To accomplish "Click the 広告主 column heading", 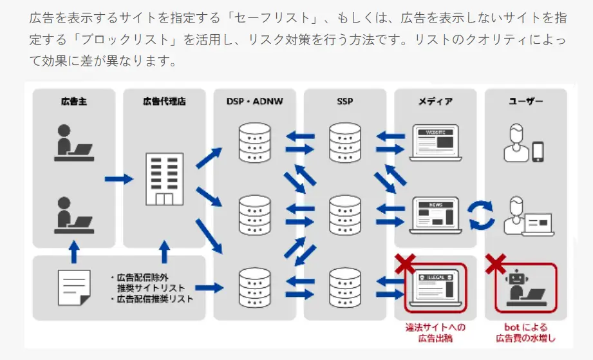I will coord(74,102).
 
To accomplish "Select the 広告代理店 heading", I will coord(164,102).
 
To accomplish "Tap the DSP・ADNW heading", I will coord(255,102).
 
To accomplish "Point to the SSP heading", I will coord(344,102).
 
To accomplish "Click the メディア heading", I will coord(435,102).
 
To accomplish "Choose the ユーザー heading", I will coord(525,102).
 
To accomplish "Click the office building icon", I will coord(165,178).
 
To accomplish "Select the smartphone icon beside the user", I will coord(538,151).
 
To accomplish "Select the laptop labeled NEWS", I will coord(435,214).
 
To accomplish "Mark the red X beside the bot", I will coord(495,263).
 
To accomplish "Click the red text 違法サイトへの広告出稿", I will coord(435,332).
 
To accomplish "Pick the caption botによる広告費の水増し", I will coord(525,332).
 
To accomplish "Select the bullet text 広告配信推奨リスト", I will coord(155,299).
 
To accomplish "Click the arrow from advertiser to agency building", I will coord(118,178).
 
